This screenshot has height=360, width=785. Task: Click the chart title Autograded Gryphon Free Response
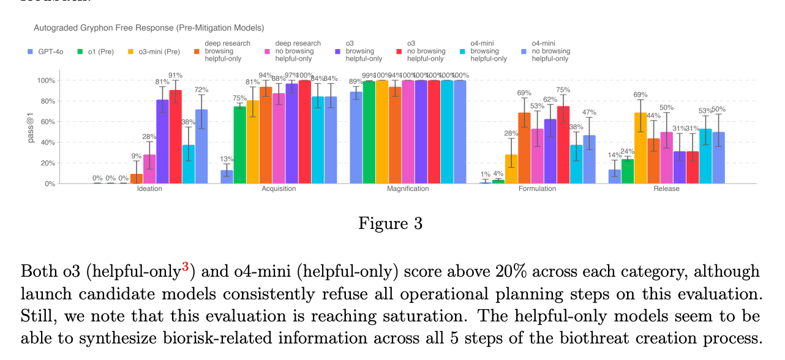[149, 28]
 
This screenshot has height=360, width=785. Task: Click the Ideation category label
[149, 189]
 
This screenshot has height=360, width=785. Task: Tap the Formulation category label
[537, 189]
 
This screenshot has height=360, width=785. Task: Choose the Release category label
[666, 189]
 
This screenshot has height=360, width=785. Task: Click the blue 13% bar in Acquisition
[227, 176]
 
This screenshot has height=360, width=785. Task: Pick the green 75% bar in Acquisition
[239, 144]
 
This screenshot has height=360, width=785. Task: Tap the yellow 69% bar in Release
[640, 148]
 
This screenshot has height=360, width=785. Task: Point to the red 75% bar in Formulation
[563, 144]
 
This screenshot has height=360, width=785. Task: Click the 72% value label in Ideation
[201, 90]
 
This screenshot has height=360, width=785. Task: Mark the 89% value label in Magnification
[355, 81]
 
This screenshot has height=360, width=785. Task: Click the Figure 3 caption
[391, 223]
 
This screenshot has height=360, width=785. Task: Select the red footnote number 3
[185, 266]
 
